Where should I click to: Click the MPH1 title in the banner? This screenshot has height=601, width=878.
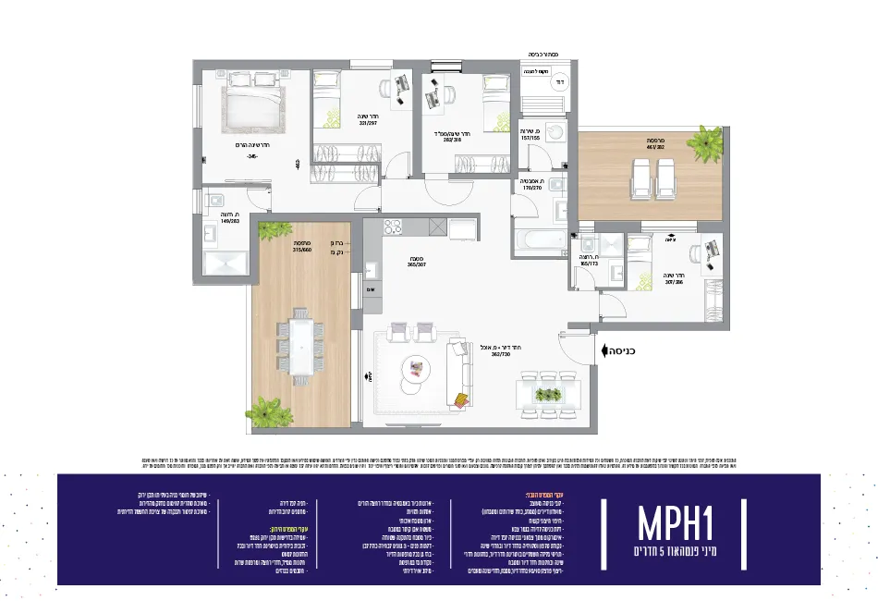click(x=678, y=522)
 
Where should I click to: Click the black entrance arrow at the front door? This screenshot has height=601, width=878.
click(x=604, y=350)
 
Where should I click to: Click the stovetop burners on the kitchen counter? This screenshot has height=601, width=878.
click(x=392, y=227)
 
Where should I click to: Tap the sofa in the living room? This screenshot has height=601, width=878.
click(x=459, y=374)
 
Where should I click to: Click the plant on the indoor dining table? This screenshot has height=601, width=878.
click(x=550, y=394)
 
